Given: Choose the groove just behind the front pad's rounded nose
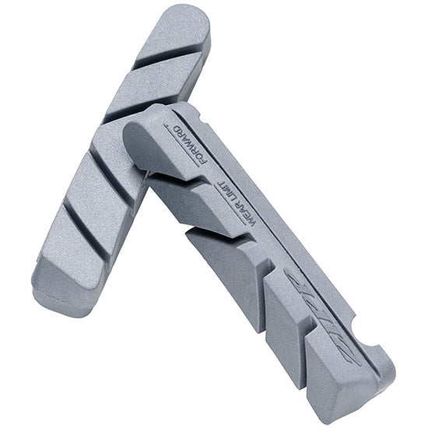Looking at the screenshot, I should tap(167, 175).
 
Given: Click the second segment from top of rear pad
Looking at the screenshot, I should tap(148, 93).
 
